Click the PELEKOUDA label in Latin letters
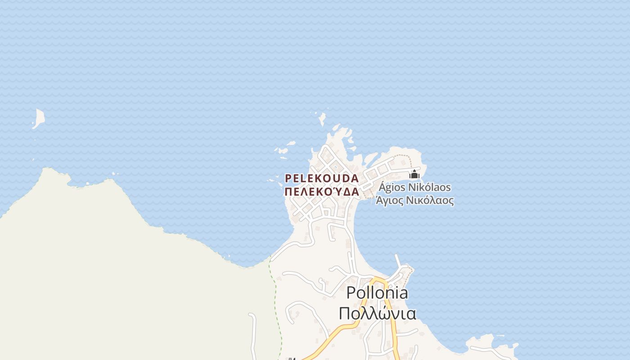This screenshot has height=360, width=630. pos(322,179)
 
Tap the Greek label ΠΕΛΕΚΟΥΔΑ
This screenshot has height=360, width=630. pos(322,192)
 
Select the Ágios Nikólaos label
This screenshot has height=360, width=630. pos(414,187)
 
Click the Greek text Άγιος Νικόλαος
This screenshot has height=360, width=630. pos(414,201)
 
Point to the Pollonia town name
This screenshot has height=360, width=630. pos(377,293)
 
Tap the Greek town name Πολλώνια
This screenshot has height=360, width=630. pos(377,314)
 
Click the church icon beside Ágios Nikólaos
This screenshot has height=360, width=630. pos(414,175)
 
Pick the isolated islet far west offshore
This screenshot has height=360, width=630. pos(39,118)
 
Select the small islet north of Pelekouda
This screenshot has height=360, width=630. pos(322,119)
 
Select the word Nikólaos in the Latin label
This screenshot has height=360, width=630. pos(429,187)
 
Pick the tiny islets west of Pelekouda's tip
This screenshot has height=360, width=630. pos(283,152)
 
